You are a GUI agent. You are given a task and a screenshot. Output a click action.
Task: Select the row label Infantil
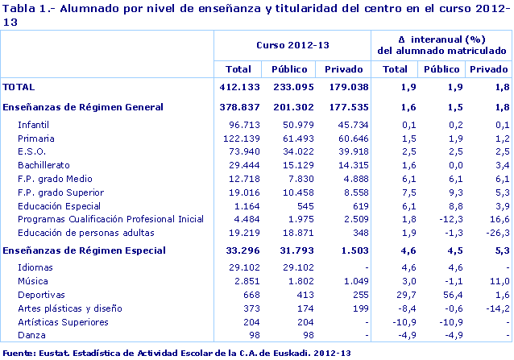34,124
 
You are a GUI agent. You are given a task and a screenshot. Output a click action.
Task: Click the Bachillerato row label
44,165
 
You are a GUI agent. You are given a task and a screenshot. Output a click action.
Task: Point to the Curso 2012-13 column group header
292,46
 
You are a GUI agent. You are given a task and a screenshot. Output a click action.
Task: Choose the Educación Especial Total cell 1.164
241,205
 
